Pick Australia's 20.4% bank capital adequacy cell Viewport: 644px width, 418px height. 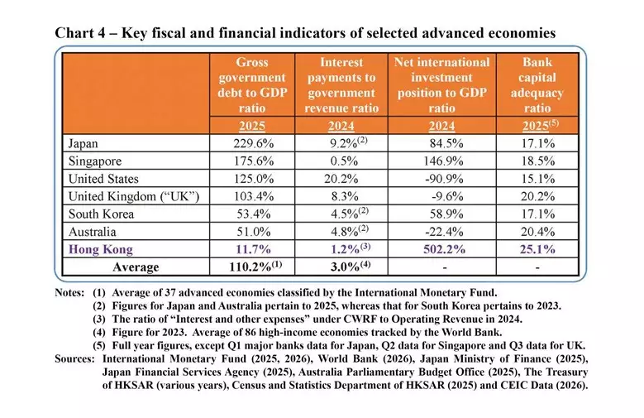point(538,231)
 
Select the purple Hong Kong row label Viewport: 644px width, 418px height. point(103,248)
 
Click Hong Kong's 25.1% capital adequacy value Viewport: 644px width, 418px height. point(538,248)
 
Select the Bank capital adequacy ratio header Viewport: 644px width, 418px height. point(538,85)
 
